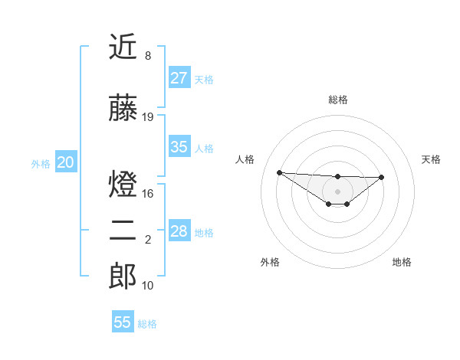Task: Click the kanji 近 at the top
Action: pos(123,47)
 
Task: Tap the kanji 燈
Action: pos(123,185)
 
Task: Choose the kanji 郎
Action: pos(123,277)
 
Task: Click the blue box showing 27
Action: pos(179,77)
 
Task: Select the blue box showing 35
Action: pos(179,147)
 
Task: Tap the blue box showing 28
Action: pos(179,231)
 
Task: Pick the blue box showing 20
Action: pos(66,162)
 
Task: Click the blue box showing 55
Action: pos(123,322)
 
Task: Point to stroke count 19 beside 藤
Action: pos(148,117)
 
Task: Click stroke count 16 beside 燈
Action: pos(148,194)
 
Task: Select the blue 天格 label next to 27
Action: pos(204,79)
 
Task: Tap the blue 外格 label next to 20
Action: pos(41,164)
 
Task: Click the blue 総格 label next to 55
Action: pos(147,324)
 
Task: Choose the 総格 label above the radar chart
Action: pos(337,100)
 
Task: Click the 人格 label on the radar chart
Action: pos(245,159)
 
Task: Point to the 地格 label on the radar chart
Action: pos(402,262)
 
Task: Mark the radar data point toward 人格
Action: pos(279,172)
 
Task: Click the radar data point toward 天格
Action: pos(382,177)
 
